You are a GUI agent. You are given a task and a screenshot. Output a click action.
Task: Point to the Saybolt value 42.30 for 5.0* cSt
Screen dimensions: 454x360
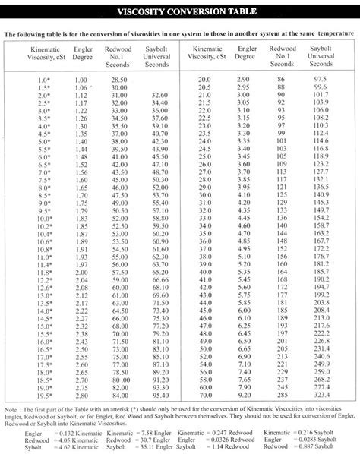160,142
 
